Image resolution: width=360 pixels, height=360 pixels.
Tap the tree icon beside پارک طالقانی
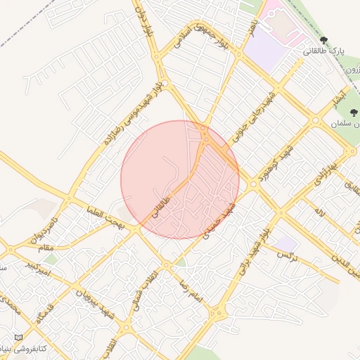pos(323,39)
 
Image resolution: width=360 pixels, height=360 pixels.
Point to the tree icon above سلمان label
pos(353,112)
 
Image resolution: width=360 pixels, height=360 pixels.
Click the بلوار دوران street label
pos(143,20)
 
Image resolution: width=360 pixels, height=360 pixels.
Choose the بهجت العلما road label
pos(106,218)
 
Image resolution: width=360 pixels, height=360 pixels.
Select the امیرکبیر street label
pos(36,268)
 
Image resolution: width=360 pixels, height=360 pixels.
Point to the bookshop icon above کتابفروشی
pos(18,338)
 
